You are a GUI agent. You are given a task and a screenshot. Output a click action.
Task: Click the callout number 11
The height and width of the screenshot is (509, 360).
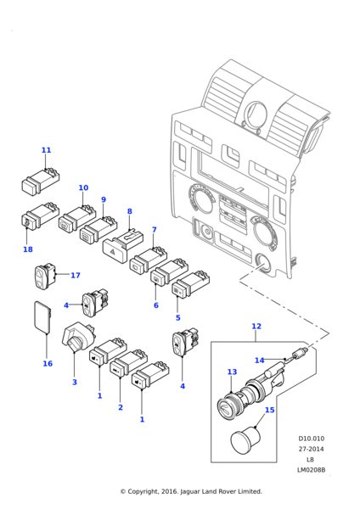tap(46, 150)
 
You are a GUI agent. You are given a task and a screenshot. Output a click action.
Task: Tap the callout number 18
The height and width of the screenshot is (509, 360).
tap(28, 249)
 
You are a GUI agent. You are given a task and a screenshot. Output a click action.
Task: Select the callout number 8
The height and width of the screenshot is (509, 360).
tap(130, 211)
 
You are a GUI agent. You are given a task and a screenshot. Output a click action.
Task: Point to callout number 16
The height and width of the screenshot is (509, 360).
tap(48, 364)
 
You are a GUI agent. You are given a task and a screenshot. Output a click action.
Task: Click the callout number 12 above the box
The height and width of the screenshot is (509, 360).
tap(256, 326)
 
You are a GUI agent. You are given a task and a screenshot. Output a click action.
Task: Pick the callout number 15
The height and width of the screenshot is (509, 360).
tap(270, 410)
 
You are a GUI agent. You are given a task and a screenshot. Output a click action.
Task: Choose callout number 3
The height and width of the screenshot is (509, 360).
tap(75, 382)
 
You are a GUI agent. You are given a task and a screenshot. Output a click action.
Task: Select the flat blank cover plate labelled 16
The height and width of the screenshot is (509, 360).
tap(42, 316)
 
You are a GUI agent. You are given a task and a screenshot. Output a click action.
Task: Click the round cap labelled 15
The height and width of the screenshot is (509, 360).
tap(245, 439)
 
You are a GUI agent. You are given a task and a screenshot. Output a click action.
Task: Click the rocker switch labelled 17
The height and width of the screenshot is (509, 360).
tap(45, 275)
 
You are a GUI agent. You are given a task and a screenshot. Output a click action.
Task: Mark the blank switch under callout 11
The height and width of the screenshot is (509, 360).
tap(40, 181)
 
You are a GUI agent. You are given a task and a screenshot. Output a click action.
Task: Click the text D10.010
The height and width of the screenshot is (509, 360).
tap(312, 439)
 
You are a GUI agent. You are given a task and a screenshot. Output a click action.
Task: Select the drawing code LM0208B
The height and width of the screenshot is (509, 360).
tap(312, 470)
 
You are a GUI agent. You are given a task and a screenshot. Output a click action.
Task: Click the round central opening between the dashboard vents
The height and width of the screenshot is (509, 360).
tap(256, 115)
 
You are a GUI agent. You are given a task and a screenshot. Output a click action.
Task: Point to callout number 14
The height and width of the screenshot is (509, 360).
tap(259, 361)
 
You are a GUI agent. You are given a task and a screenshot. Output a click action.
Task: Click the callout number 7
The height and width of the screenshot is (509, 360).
tap(155, 230)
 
